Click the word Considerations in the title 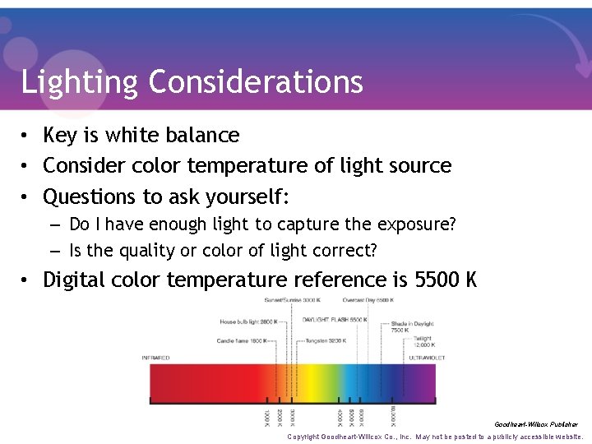tap(256, 81)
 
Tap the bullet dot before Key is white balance tap(27, 136)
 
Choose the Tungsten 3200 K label tap(324, 340)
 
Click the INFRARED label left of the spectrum tap(156, 358)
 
